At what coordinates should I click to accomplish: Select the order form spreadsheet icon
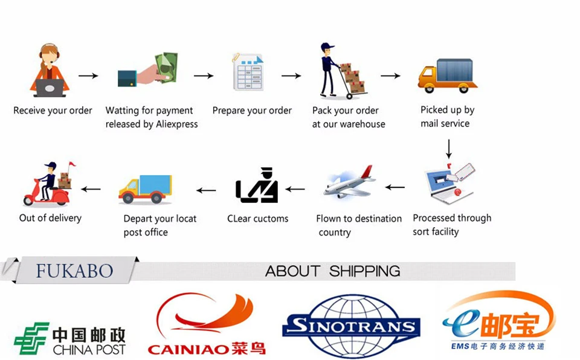point(248,72)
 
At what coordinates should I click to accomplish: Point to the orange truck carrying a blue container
point(448,75)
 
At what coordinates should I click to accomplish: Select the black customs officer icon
point(257,185)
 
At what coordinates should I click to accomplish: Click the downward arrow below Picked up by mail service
point(448,149)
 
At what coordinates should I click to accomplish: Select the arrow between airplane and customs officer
point(295,189)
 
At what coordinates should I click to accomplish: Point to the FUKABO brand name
point(74,271)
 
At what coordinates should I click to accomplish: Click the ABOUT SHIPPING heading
point(332,271)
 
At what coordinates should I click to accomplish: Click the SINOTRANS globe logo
point(351,327)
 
